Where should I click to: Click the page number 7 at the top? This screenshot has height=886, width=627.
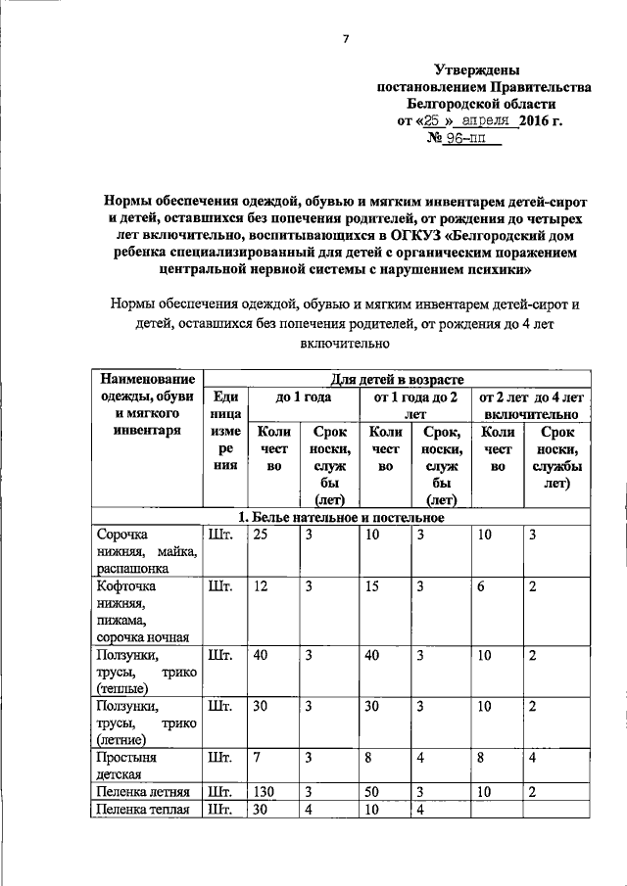345,38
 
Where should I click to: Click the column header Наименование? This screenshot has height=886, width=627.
142,379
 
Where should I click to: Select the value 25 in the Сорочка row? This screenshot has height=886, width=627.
260,535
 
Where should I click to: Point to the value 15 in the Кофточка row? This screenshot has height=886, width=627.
371,586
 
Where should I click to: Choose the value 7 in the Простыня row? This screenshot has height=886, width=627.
257,757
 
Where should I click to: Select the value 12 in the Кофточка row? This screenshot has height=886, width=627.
260,586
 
